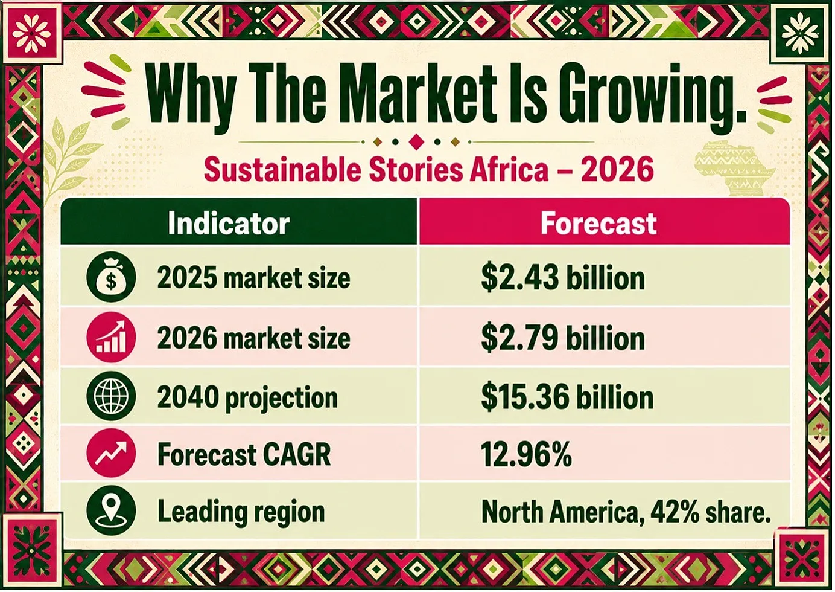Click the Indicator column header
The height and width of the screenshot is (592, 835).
coord(229,224)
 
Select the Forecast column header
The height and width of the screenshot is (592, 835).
coord(598,224)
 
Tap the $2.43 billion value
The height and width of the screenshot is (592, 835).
coord(563,278)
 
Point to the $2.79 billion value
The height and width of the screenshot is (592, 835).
coord(563,338)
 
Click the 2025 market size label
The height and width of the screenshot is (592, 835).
coord(253,278)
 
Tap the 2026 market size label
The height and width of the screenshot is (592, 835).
coord(253,338)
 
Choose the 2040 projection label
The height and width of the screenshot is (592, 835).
coord(247,398)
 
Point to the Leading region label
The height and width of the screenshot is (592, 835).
coord(241,512)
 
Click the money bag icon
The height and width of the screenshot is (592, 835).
coord(111,277)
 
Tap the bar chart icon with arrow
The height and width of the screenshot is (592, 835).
coord(111,338)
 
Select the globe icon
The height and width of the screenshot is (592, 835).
coord(111,396)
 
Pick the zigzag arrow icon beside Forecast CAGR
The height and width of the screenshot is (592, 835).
coord(111,453)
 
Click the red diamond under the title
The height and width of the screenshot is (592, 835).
coord(416,142)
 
